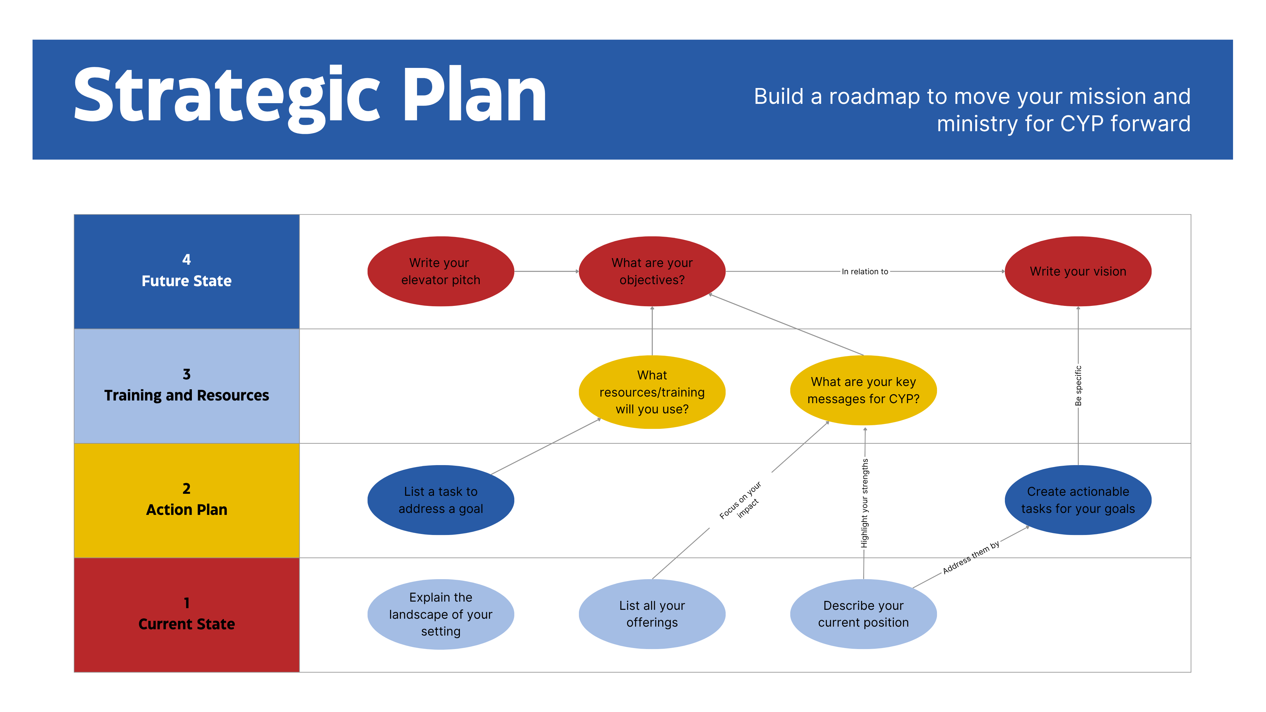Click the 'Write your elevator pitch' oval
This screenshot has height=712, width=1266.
[x=441, y=271]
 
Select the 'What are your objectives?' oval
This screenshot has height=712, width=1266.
[x=652, y=271]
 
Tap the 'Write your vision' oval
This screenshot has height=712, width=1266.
[x=1078, y=271]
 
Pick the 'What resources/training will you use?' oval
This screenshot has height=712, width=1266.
[x=652, y=392]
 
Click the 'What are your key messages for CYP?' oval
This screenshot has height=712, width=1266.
[x=863, y=390]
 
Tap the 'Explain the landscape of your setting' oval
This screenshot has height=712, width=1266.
[x=441, y=614]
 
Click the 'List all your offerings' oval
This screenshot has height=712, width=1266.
[x=652, y=614]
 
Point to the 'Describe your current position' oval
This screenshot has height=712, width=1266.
[x=863, y=614]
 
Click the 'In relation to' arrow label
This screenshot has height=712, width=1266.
[x=865, y=271]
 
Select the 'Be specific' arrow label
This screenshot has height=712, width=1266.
[x=1078, y=386]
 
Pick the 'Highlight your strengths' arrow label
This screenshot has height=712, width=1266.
[x=864, y=503]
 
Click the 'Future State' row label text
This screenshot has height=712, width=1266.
[x=187, y=281]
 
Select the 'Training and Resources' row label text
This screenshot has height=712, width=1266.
[x=187, y=396]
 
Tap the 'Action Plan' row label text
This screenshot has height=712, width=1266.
[x=187, y=510]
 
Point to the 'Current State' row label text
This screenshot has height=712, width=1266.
[x=187, y=624]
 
